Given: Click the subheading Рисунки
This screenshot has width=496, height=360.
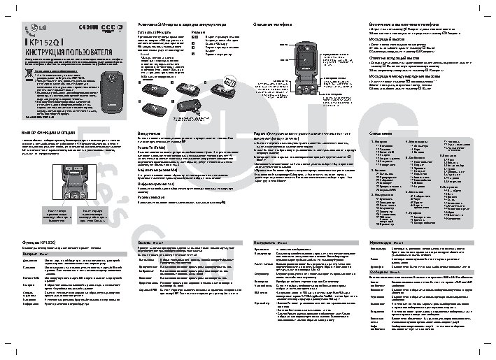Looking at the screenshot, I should click(198, 32).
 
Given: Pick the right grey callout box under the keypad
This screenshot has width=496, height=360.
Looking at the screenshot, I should click(92, 213).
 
